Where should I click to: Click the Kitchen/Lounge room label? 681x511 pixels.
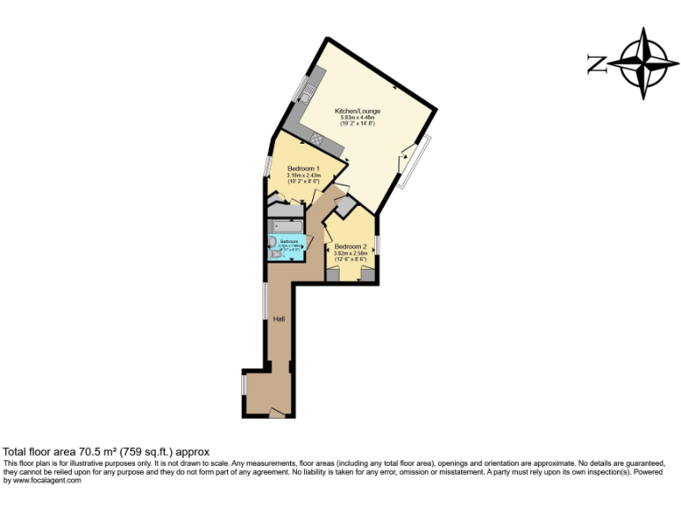357,111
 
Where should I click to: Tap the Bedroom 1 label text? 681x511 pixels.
303,169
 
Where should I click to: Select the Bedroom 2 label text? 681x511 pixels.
350,247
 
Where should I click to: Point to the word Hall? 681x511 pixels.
278,318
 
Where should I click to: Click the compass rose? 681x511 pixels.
644,63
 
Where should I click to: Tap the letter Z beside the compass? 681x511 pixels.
596,64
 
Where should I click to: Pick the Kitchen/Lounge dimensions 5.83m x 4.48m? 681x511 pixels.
356,117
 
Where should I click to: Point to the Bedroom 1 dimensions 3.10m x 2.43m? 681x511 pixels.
302,175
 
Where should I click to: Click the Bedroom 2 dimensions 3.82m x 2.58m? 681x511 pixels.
350,253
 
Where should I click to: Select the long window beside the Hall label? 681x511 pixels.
265,302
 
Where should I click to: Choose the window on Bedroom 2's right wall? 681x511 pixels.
377,244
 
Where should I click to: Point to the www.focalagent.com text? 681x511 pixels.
42,480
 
